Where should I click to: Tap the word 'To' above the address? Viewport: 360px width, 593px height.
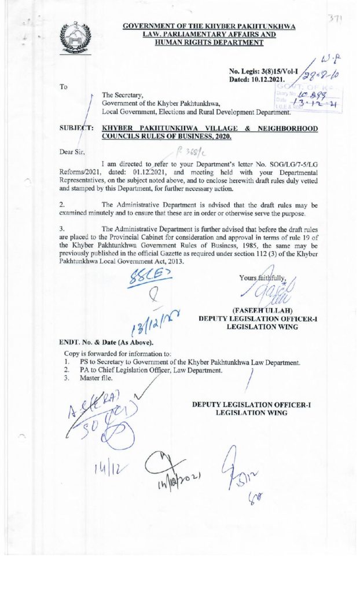[x=63, y=87]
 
